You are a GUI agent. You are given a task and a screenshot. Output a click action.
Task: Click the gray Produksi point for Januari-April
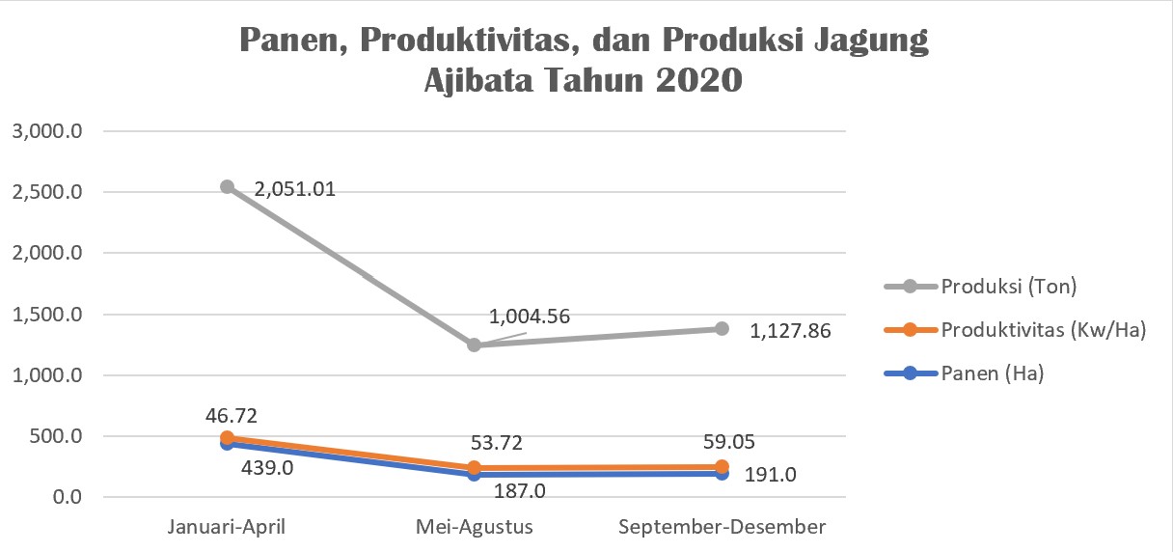coord(228,187)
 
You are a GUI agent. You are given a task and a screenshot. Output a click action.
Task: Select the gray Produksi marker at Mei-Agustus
coord(474,345)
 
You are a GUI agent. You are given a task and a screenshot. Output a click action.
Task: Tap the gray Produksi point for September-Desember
coord(722,329)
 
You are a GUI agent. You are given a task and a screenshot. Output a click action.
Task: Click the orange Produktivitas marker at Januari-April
coord(228,438)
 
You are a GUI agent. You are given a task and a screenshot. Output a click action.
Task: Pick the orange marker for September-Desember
coord(722,466)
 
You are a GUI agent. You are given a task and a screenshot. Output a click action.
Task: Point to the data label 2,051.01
coord(295,189)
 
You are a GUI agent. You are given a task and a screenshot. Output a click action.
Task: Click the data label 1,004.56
coord(530,317)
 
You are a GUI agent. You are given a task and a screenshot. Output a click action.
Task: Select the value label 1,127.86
coord(790,331)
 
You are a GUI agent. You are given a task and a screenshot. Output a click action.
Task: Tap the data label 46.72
coord(232,416)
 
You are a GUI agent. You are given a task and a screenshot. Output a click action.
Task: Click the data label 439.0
coord(267,468)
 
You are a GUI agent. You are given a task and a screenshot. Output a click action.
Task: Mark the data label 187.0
coord(520,491)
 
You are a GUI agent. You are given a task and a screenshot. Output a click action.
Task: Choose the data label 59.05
coord(729,442)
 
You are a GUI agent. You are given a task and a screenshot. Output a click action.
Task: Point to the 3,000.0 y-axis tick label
coord(47,131)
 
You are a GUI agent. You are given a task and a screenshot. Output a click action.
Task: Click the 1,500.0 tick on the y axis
coord(47,315)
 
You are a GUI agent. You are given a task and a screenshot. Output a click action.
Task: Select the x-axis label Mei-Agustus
coord(474,527)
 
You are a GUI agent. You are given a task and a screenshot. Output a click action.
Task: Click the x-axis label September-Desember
coord(722,527)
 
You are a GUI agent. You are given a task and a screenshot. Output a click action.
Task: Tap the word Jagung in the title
coord(871,41)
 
